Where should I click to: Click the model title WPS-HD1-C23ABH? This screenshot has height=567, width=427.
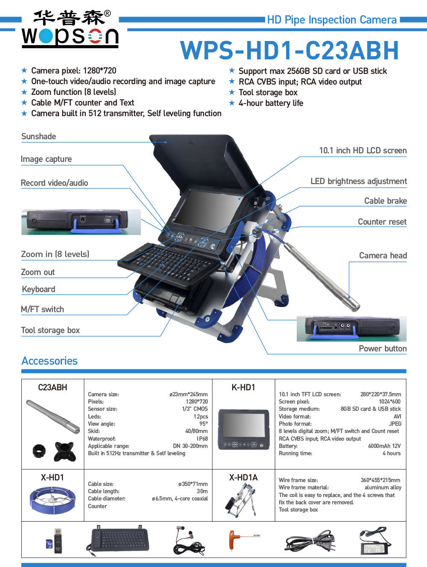click(290, 51)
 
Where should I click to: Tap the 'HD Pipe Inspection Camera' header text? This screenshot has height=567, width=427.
click(332, 20)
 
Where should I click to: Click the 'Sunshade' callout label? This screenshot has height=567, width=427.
click(38, 137)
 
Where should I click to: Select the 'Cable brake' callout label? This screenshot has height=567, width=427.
click(385, 201)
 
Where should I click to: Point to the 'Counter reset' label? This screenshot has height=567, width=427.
click(382, 222)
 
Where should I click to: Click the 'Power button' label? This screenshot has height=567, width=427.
click(382, 349)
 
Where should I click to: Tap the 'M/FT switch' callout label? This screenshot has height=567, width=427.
click(42, 310)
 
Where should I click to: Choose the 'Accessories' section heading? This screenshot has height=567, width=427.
click(50, 361)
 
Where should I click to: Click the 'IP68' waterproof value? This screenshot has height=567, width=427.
click(202, 439)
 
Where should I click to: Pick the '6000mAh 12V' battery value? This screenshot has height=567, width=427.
click(384, 446)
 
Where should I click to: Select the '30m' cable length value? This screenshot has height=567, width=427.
click(202, 491)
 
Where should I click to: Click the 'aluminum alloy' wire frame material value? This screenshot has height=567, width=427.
click(383, 488)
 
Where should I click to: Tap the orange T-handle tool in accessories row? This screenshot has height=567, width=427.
click(234, 539)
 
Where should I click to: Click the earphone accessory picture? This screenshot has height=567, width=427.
click(189, 541)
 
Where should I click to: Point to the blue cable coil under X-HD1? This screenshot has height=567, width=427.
click(53, 500)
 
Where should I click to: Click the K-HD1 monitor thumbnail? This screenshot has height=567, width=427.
click(244, 429)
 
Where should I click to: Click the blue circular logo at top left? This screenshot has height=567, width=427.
click(46, 36)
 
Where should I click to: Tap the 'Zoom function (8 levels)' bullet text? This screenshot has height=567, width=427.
click(73, 92)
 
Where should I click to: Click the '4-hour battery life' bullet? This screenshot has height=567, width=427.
click(271, 103)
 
